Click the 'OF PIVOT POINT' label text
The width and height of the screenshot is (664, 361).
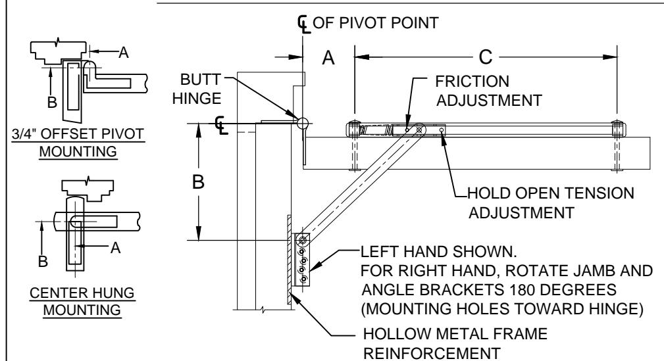click(x=376, y=23)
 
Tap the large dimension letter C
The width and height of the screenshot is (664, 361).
click(x=486, y=57)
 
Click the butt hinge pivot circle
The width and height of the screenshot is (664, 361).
click(x=302, y=123)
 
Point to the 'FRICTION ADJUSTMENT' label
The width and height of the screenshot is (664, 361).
click(x=489, y=91)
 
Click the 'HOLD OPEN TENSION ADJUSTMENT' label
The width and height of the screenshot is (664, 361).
click(x=551, y=203)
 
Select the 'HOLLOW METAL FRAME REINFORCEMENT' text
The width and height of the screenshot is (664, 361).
click(x=455, y=343)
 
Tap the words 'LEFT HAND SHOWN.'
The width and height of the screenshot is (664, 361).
click(x=439, y=252)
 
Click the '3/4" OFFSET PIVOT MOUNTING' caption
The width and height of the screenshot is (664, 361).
click(x=78, y=143)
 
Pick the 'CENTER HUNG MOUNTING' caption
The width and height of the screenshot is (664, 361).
click(x=82, y=301)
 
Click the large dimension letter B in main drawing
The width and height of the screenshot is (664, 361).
click(x=198, y=182)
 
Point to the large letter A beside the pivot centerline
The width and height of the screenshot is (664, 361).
click(x=328, y=58)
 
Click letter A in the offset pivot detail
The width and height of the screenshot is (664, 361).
click(x=123, y=53)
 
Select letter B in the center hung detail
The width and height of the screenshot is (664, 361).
click(x=43, y=261)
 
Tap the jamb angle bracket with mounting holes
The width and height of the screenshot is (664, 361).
click(x=302, y=260)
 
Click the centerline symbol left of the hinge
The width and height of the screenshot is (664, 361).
click(x=221, y=126)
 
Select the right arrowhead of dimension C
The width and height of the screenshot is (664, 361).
click(x=610, y=57)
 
